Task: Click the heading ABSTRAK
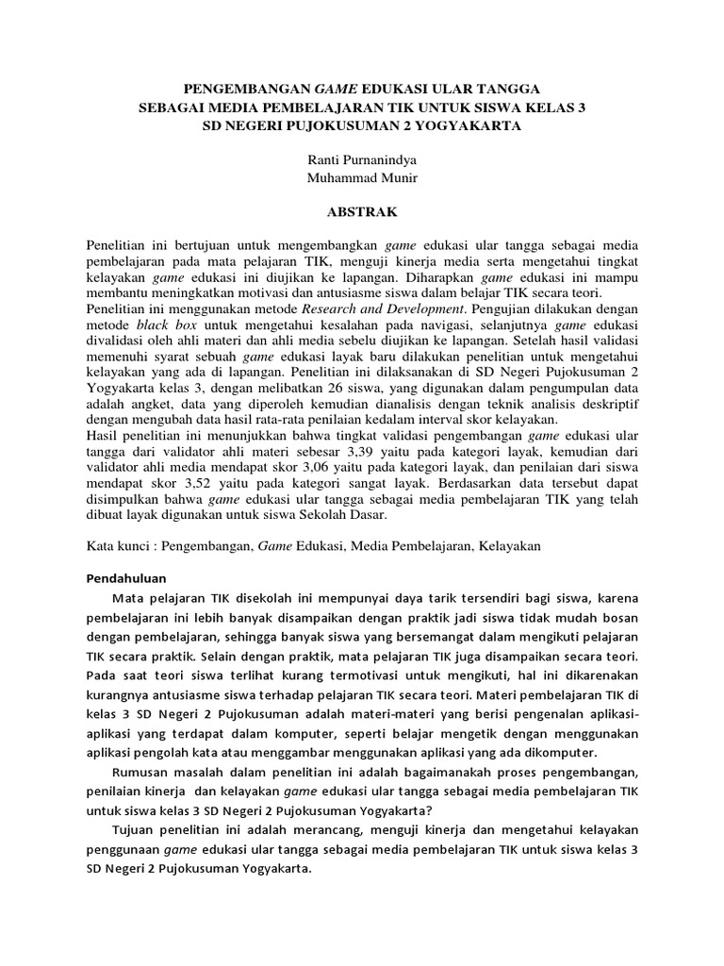362,213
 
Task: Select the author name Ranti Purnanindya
362,159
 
